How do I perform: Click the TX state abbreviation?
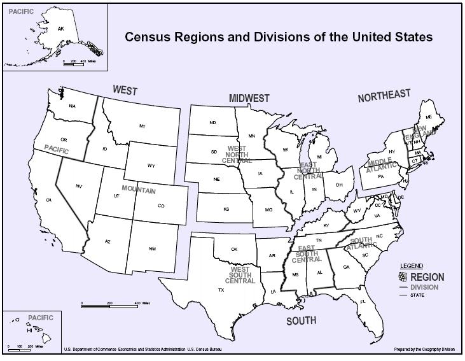[221, 290]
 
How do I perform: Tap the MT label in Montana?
[142, 126]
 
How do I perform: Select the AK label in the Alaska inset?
[61, 29]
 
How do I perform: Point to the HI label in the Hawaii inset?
[29, 331]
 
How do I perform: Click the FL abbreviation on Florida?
[363, 301]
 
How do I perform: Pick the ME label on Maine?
[428, 117]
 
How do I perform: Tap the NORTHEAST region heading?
[384, 96]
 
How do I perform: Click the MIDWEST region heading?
[249, 98]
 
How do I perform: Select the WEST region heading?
[125, 90]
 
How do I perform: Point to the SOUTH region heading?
[301, 321]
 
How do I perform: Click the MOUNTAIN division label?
[139, 190]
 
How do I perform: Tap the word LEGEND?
[411, 265]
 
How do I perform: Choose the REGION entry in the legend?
[427, 277]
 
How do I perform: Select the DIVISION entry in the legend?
[424, 287]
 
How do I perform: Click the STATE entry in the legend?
[417, 295]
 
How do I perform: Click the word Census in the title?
[150, 37]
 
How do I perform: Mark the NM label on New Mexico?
[152, 248]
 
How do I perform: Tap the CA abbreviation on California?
[48, 200]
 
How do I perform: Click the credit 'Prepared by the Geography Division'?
[424, 350]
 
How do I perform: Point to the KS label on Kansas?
[226, 209]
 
